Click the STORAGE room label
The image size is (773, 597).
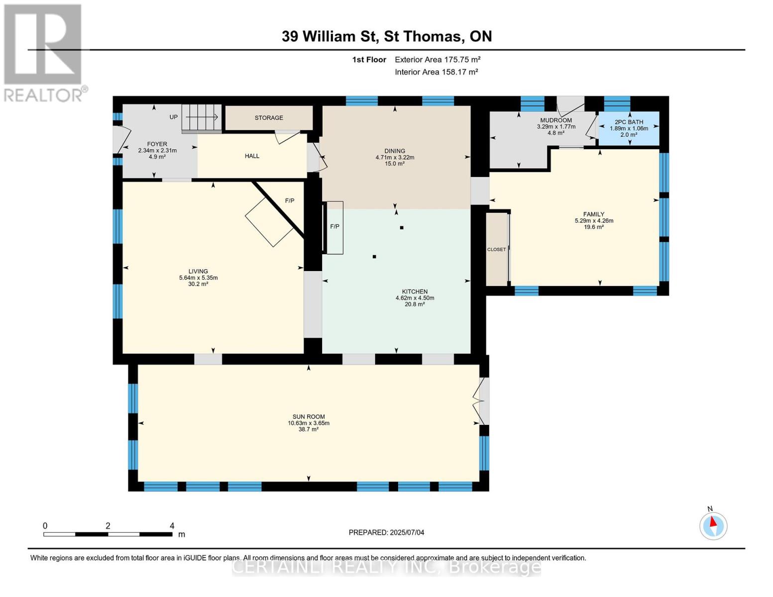[x=269, y=118]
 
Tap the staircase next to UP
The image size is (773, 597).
[x=202, y=118]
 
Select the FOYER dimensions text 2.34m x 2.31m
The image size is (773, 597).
[x=157, y=150]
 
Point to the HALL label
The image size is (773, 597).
[x=252, y=156]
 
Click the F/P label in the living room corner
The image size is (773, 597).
[x=290, y=200]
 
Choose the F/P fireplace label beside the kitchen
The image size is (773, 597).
[x=334, y=226]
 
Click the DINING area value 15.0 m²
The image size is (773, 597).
[x=395, y=164]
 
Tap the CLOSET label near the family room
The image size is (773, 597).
[x=496, y=250]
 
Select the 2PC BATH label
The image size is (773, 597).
[x=629, y=122]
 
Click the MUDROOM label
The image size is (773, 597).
[x=556, y=120]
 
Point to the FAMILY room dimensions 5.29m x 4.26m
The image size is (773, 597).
[x=594, y=220]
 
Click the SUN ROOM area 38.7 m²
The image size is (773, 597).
[x=309, y=429]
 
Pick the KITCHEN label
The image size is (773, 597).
[x=415, y=291]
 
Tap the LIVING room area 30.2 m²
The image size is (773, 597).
[x=198, y=284]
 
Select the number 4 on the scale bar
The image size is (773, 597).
[x=172, y=525]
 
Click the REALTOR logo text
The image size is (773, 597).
[x=43, y=96]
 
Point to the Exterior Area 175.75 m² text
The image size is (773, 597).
[x=438, y=59]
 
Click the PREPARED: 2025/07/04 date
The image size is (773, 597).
[x=386, y=532]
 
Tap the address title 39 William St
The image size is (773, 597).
[x=330, y=36]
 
